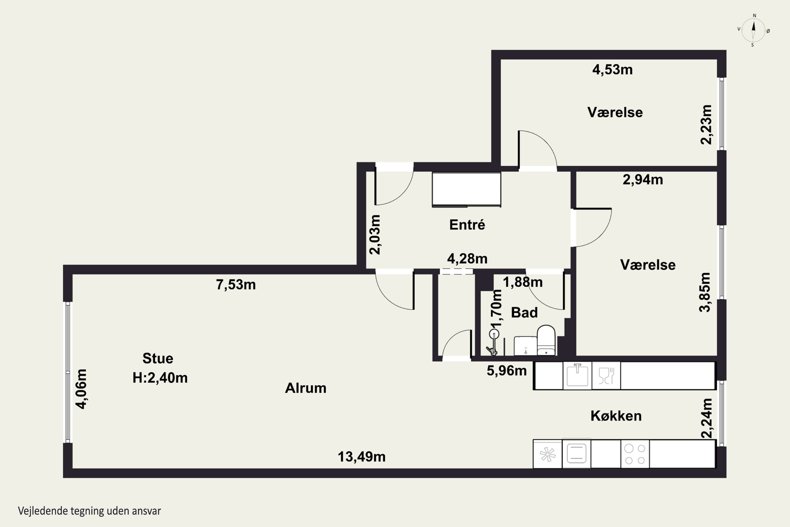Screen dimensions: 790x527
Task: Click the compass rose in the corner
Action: [753, 30]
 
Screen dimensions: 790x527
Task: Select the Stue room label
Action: [158, 358]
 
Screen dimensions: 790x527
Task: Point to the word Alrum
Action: [306, 388]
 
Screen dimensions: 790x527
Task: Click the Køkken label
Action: [616, 416]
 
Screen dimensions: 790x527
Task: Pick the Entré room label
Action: [467, 225]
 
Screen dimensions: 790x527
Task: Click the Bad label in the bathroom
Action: [524, 313]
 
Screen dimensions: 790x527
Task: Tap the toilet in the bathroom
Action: [546, 340]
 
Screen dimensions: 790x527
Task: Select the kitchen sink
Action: [577, 375]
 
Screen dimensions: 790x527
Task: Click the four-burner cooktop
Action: [635, 454]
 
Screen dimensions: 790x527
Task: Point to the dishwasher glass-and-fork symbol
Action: [606, 376]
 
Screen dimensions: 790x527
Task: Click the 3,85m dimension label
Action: [705, 292]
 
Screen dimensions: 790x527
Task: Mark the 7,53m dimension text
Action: [236, 285]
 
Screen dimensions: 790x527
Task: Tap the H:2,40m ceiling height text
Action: [160, 378]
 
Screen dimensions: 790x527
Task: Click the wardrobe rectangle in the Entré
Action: [466, 189]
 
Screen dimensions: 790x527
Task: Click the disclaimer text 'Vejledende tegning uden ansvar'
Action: [89, 511]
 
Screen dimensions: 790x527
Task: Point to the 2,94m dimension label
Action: [643, 180]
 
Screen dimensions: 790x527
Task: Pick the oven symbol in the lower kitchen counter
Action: [576, 454]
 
